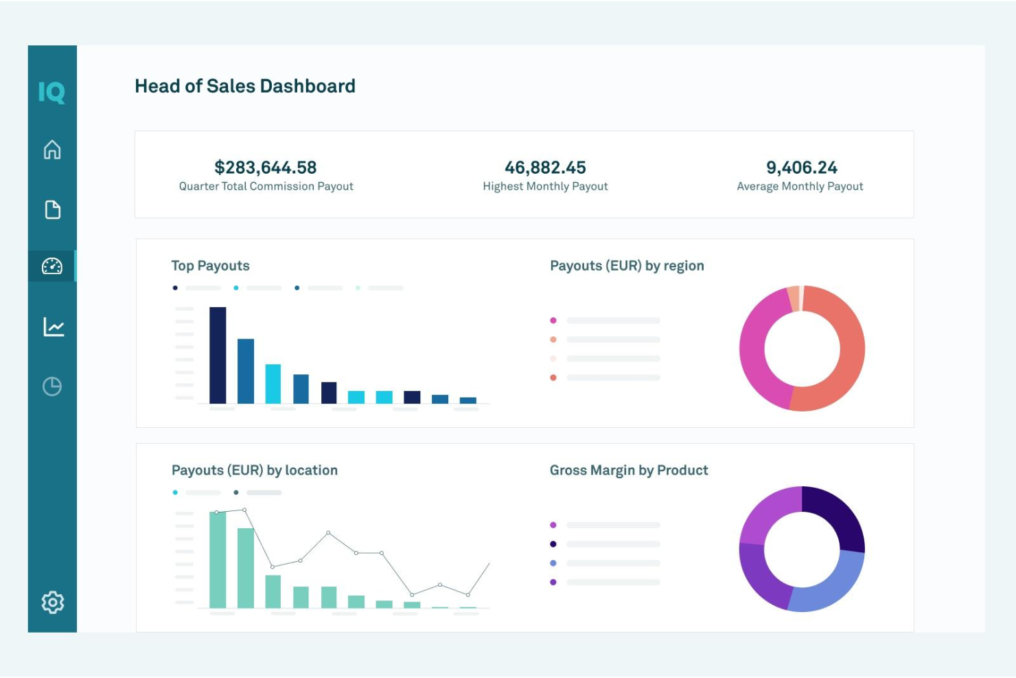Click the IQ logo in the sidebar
click(51, 92)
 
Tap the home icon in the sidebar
click(52, 150)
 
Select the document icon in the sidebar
click(52, 210)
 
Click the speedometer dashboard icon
click(52, 266)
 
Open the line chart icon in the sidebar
click(53, 326)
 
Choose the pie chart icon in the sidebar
click(52, 387)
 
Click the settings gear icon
click(52, 602)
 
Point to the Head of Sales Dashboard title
click(245, 86)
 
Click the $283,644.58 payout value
click(266, 168)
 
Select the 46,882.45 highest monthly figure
click(545, 168)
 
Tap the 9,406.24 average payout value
click(801, 168)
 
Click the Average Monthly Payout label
click(800, 186)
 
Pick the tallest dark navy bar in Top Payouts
click(218, 355)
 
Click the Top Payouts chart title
click(210, 266)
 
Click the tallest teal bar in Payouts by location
click(218, 560)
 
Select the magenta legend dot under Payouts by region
click(553, 321)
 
